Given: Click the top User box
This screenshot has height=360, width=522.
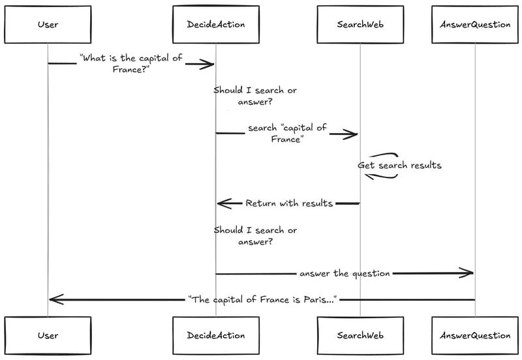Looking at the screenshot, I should click(48, 25).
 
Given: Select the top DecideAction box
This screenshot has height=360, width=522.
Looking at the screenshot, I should click(215, 25).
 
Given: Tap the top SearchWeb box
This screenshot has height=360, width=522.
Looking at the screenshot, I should click(359, 25).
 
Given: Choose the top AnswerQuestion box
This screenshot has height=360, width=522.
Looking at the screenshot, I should click(474, 25).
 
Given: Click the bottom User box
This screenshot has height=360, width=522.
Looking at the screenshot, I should click(48, 335).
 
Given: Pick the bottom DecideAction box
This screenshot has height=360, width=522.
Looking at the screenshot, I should click(215, 335).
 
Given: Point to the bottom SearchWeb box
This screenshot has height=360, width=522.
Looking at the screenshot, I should click(359, 335).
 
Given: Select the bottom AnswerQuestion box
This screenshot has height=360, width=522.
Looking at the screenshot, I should click(474, 335).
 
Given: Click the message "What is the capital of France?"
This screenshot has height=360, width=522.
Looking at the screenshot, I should click(130, 63).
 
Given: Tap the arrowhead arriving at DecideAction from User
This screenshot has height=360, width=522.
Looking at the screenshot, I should click(208, 64).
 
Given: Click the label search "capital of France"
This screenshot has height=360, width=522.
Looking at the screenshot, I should click(287, 134).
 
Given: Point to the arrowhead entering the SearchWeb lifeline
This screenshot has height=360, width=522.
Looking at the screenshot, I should click(352, 134).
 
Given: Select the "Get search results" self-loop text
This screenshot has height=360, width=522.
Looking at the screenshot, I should click(399, 166).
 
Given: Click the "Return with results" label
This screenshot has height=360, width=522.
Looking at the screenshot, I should click(288, 203).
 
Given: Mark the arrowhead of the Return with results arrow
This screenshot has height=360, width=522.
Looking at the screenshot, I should click(223, 203).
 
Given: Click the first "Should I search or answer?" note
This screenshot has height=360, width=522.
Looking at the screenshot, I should click(254, 96).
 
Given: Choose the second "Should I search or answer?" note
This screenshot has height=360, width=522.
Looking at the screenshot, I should click(254, 235).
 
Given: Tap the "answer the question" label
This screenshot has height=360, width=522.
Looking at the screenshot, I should click(345, 273).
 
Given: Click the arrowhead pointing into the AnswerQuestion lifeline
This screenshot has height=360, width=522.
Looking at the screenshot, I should click(467, 273).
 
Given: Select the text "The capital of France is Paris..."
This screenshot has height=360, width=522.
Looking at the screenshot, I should click(261, 299).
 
